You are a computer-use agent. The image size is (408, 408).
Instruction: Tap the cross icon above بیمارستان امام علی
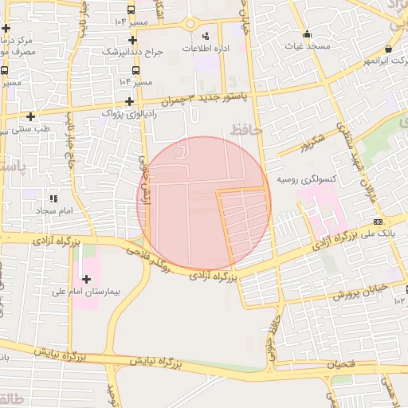[x=86, y=279]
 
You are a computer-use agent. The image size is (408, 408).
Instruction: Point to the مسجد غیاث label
[x=308, y=46]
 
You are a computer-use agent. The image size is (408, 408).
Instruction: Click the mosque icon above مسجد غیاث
[x=308, y=33]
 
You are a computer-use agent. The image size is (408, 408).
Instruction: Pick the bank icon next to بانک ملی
[x=377, y=221]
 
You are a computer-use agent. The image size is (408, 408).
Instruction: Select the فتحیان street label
[x=342, y=363]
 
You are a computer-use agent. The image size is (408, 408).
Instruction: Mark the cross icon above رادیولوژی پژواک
[x=129, y=101]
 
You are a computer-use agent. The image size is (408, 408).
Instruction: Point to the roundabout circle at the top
[x=190, y=23]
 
